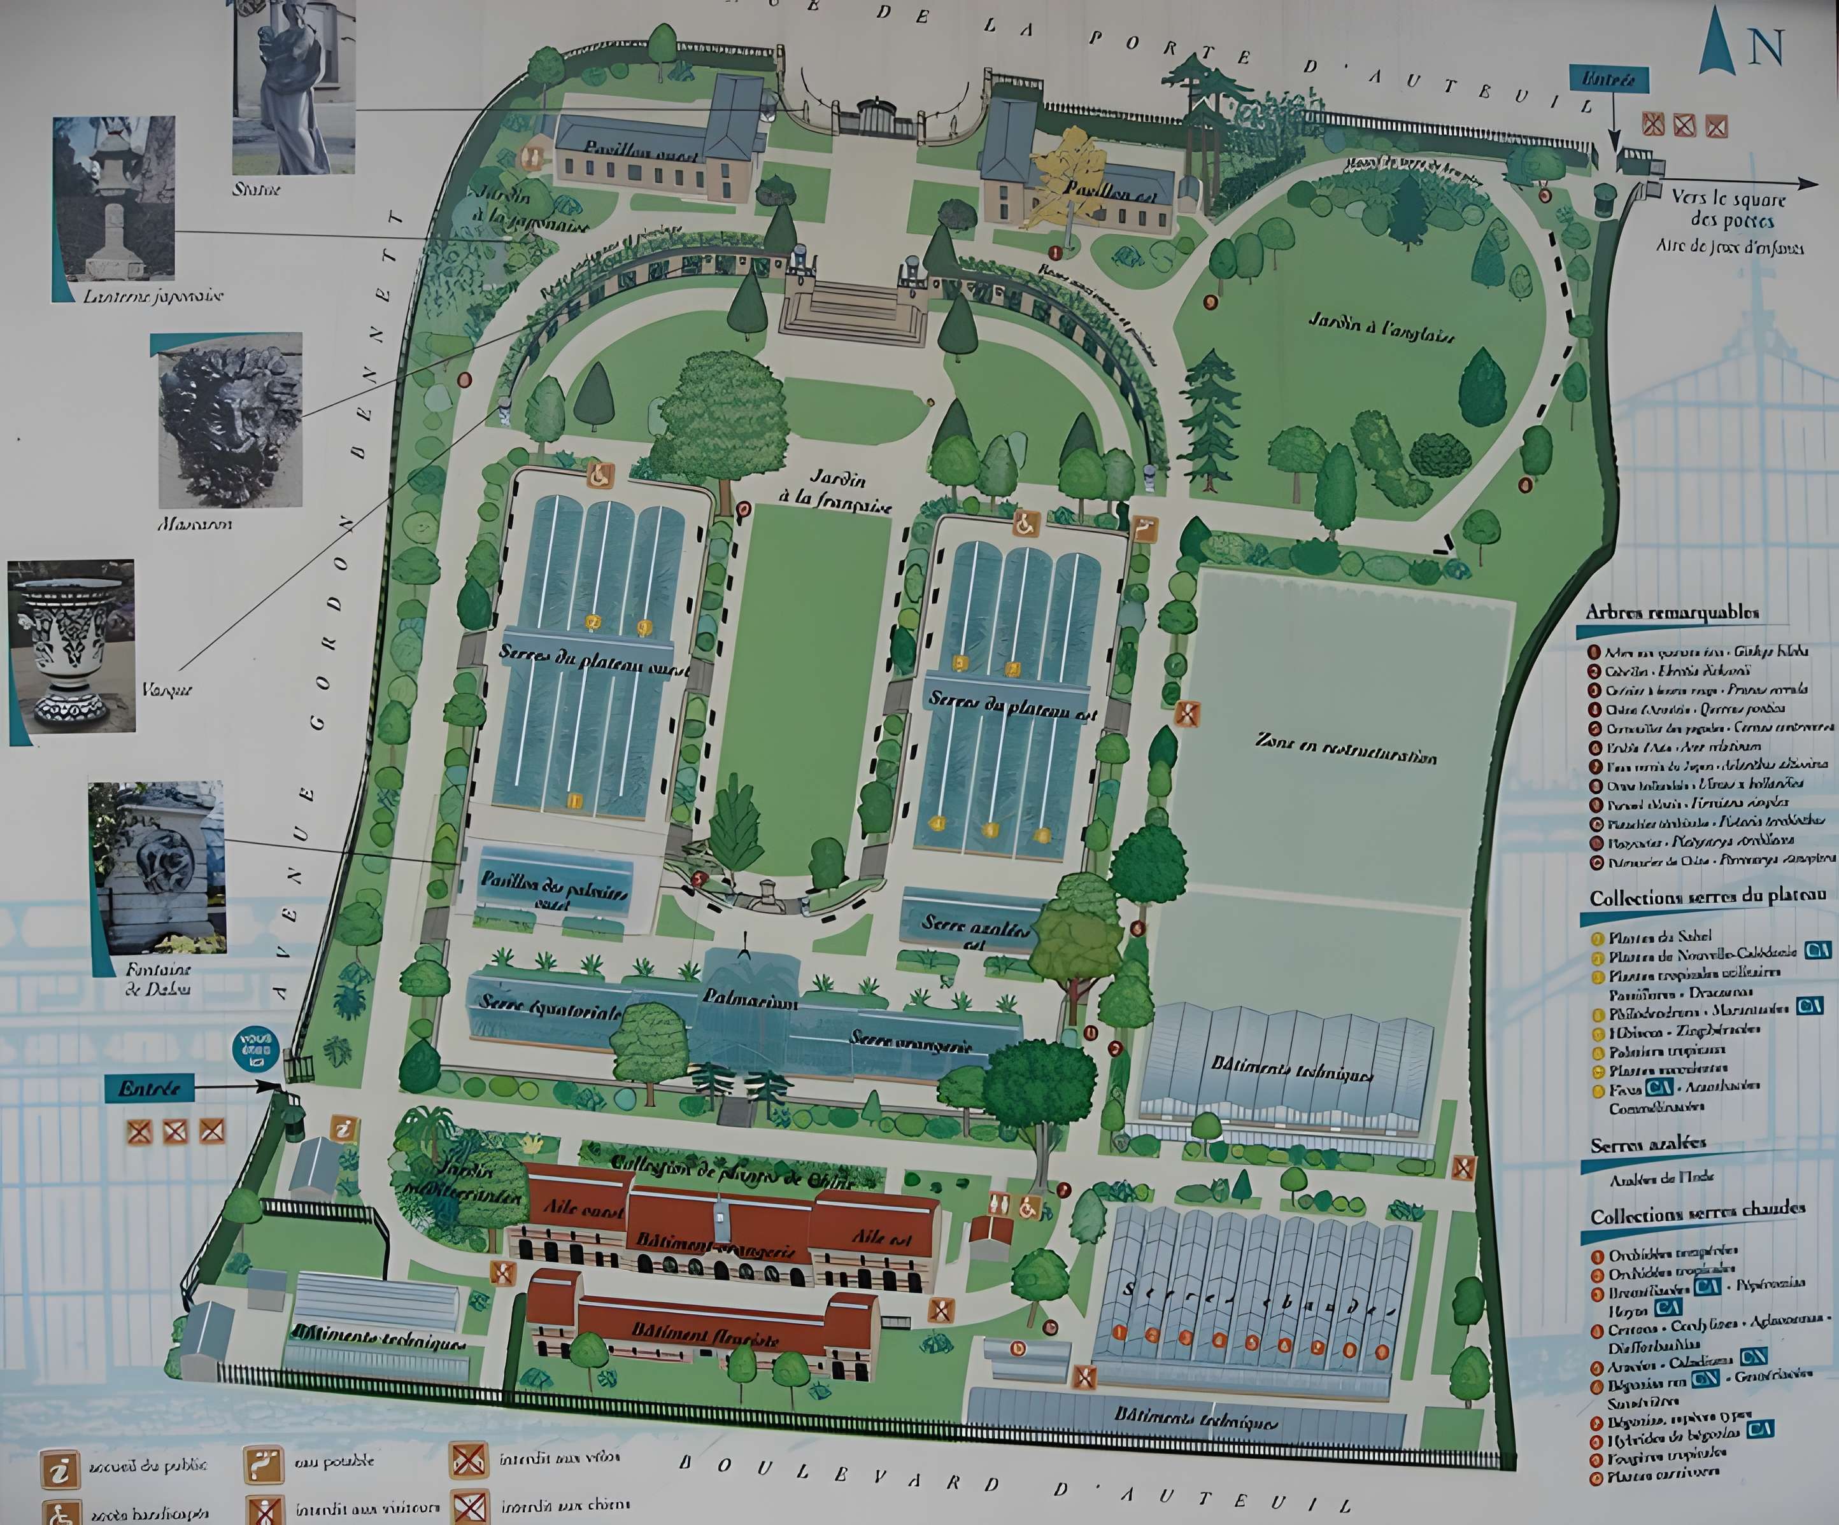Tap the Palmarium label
coord(749,999)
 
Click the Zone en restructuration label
coord(1347,748)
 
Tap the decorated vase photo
coord(71,645)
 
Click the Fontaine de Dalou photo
coord(158,867)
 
